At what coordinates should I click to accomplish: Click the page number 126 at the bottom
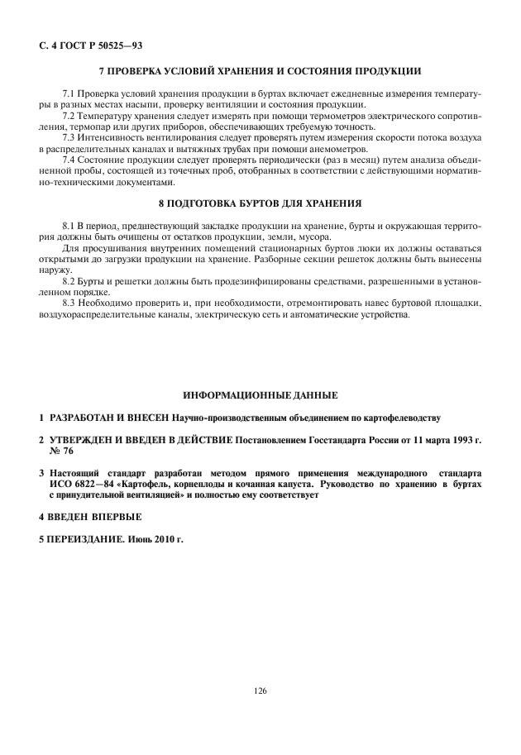click(x=260, y=690)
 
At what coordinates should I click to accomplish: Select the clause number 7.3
click(x=69, y=136)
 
